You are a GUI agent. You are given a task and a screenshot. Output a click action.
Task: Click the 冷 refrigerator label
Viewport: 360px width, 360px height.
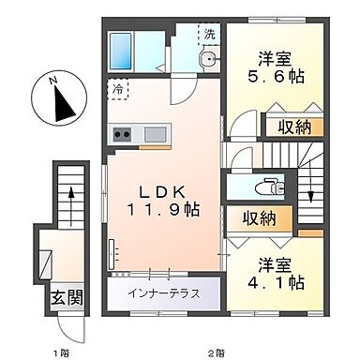(119, 90)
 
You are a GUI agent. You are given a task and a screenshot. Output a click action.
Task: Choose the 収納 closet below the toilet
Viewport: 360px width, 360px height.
(255, 219)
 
